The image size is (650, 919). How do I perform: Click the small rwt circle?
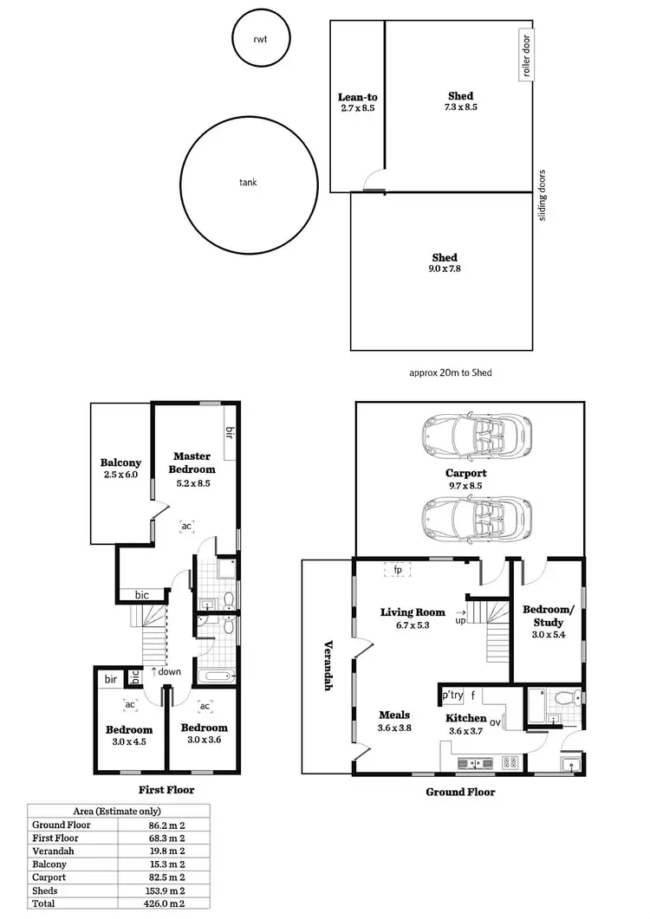260,39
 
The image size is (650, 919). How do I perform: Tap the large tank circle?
249,183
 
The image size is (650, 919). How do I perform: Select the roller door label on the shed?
525,55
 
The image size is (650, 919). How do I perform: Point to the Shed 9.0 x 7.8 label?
445,262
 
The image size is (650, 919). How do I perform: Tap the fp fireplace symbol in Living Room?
399,570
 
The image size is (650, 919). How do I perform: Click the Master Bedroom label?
192,462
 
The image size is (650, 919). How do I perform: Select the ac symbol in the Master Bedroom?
186,525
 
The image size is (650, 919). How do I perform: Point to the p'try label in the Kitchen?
452,695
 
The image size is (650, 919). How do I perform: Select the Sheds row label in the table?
47,890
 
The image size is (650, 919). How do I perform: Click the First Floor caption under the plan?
166,789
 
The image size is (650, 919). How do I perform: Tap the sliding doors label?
543,196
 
